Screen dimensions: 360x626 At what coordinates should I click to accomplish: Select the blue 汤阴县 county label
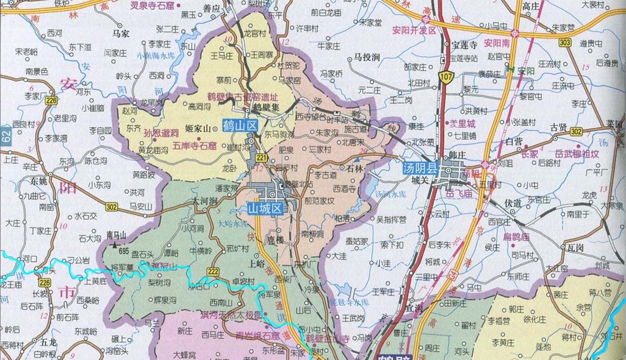pyautogui.click(x=420, y=168)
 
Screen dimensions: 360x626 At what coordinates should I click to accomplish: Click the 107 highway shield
pyautogui.click(x=448, y=77)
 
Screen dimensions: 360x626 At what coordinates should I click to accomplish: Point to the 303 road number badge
pyautogui.click(x=565, y=42)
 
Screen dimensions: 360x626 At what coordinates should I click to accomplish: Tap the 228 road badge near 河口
pyautogui.click(x=45, y=283)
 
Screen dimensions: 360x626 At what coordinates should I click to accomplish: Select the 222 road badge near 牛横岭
pyautogui.click(x=213, y=271)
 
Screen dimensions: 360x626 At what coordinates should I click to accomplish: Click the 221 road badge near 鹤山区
pyautogui.click(x=261, y=158)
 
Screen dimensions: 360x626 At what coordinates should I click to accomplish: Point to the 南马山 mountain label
pyautogui.click(x=116, y=234)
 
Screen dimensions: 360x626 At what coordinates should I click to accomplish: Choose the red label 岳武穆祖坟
pyautogui.click(x=577, y=154)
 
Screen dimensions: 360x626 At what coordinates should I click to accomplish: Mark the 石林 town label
pyautogui.click(x=354, y=166)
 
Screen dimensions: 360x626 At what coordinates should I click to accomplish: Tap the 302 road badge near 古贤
pyautogui.click(x=576, y=132)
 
